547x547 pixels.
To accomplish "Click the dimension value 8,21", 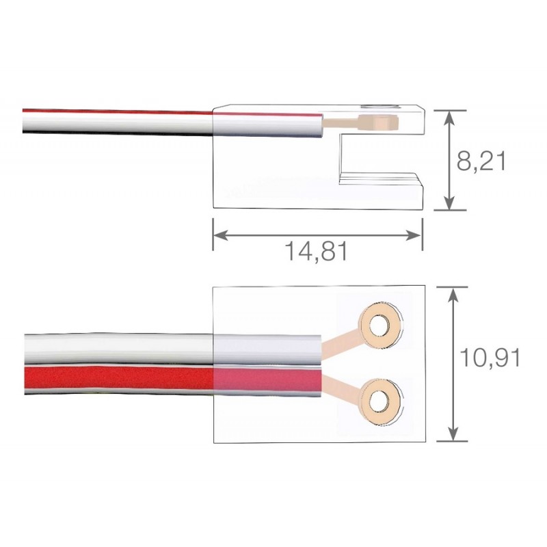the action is (481, 161).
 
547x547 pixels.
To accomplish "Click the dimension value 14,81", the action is (317, 251).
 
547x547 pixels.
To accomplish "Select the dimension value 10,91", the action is (490, 358).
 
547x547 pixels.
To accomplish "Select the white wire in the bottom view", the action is (118, 349).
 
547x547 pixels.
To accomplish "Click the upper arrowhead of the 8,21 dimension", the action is (450, 118).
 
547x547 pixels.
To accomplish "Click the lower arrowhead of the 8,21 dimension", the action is (450, 203).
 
